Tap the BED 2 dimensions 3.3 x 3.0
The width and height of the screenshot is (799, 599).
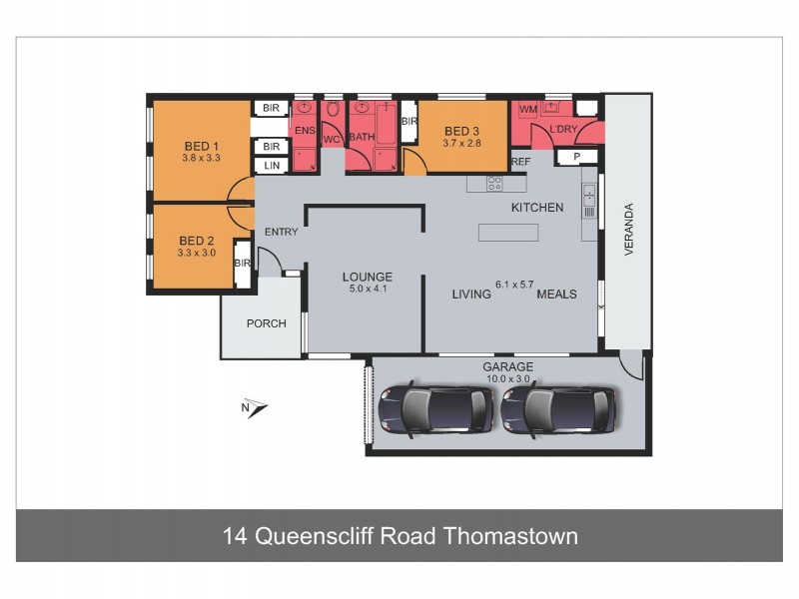coord(197,253)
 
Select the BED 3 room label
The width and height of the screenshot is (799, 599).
coord(462,131)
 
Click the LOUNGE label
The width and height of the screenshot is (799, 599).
coord(368,277)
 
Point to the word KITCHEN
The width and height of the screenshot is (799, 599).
coord(537,208)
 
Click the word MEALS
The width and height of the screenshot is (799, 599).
coord(556,295)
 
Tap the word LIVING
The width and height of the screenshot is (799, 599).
coord(471,295)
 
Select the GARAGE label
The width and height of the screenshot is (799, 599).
coord(509,366)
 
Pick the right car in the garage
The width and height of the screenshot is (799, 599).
coord(559,407)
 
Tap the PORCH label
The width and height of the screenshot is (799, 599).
coord(266,323)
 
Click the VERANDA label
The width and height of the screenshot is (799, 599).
coord(629,230)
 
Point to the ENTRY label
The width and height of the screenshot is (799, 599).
coord(282,233)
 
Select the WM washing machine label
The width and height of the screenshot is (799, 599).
coord(527,108)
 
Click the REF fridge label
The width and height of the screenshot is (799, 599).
coord(520,161)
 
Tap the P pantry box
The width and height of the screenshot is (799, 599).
coord(576,157)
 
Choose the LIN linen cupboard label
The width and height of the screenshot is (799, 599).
coord(271,166)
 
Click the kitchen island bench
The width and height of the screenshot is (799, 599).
coord(508,232)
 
